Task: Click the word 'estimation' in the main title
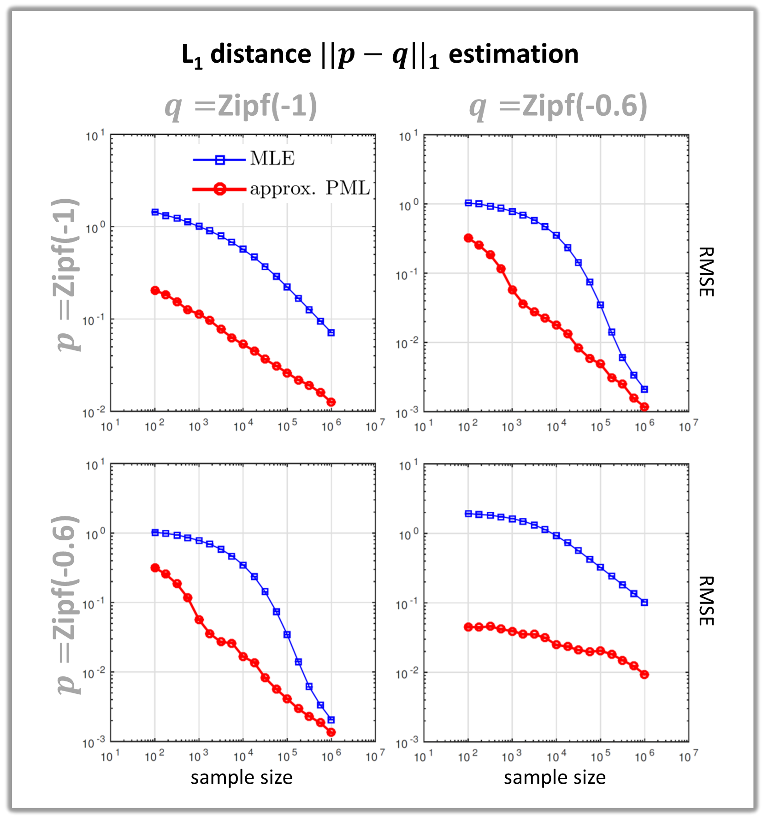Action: [x=513, y=54]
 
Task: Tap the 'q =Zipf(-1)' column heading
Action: [x=241, y=106]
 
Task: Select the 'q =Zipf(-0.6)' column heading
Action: [x=558, y=106]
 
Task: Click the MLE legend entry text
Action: [x=272, y=159]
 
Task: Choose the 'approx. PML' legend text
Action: [x=310, y=188]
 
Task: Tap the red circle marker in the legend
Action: [x=220, y=189]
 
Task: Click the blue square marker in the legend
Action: [x=220, y=160]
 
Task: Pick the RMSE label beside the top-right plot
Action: [x=706, y=272]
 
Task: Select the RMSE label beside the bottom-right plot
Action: [x=706, y=601]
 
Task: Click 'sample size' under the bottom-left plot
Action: [x=242, y=777]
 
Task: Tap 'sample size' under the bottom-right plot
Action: [x=555, y=777]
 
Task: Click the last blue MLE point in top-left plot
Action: [x=331, y=332]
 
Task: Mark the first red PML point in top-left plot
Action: [x=155, y=290]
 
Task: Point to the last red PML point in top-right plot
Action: [x=644, y=407]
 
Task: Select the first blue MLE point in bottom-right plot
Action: [x=468, y=514]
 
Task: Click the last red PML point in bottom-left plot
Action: [x=331, y=732]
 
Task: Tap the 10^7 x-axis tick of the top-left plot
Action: [x=375, y=426]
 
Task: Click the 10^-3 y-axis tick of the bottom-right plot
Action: [x=407, y=743]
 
